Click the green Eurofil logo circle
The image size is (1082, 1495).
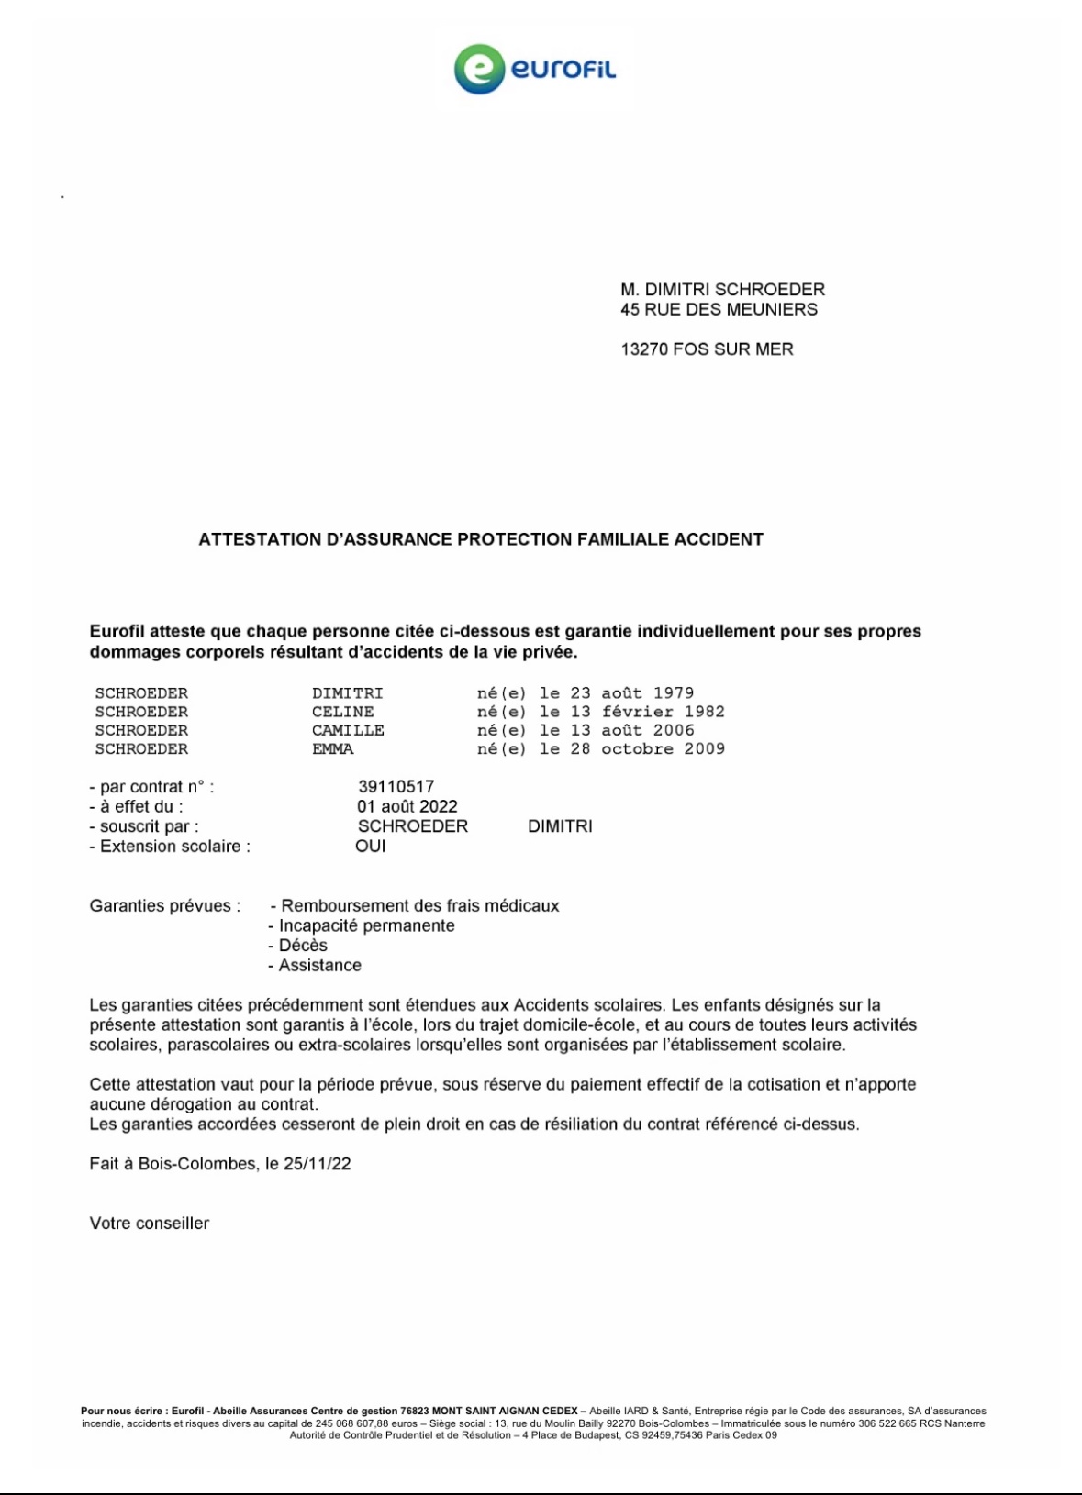tap(479, 70)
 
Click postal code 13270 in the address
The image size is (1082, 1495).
tap(643, 349)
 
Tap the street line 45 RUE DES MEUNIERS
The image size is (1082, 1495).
tap(719, 310)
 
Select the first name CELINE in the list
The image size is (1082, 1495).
tap(343, 712)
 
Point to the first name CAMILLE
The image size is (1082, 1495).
tap(348, 731)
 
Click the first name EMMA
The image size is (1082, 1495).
tap(332, 749)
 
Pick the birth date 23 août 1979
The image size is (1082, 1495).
tap(632, 693)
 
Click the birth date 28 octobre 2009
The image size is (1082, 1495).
tap(648, 749)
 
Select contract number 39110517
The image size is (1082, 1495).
tap(396, 787)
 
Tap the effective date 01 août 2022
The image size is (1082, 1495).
tap(407, 807)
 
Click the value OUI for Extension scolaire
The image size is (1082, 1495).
tap(371, 847)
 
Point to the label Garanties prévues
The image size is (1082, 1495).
tap(165, 906)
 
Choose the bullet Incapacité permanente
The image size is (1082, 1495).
tap(366, 926)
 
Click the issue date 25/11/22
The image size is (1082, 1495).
tap(317, 1164)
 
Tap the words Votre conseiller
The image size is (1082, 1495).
tap(150, 1224)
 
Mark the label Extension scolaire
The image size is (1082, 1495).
tap(174, 847)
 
